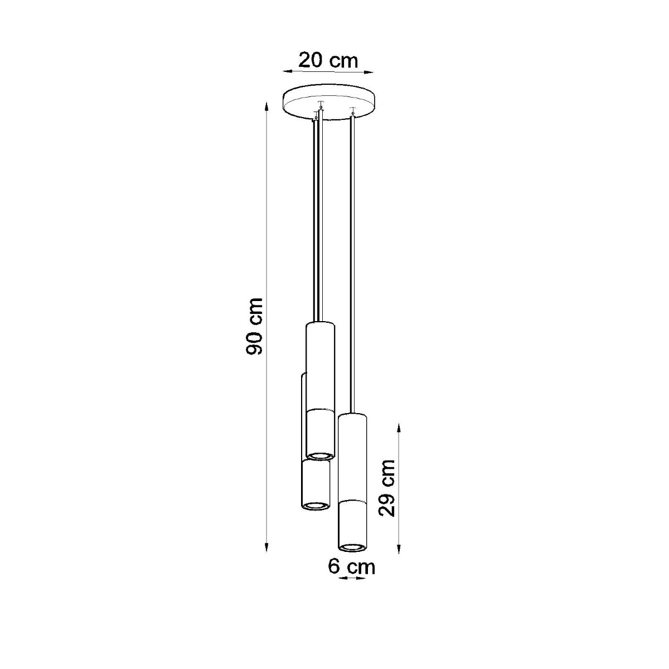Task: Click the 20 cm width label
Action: (x=328, y=60)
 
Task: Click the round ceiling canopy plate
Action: (x=328, y=103)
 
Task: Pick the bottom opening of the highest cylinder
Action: (x=320, y=455)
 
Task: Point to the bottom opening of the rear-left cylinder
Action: (x=315, y=505)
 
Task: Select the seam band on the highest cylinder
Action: (x=320, y=411)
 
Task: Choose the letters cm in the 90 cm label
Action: (x=255, y=312)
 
